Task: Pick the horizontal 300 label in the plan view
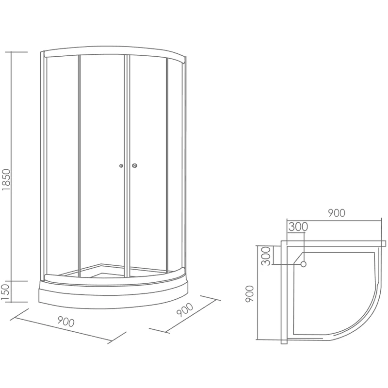(x=298, y=227)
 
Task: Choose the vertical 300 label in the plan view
(x=265, y=256)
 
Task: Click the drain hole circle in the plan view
(x=304, y=264)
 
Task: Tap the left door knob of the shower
(x=121, y=166)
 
